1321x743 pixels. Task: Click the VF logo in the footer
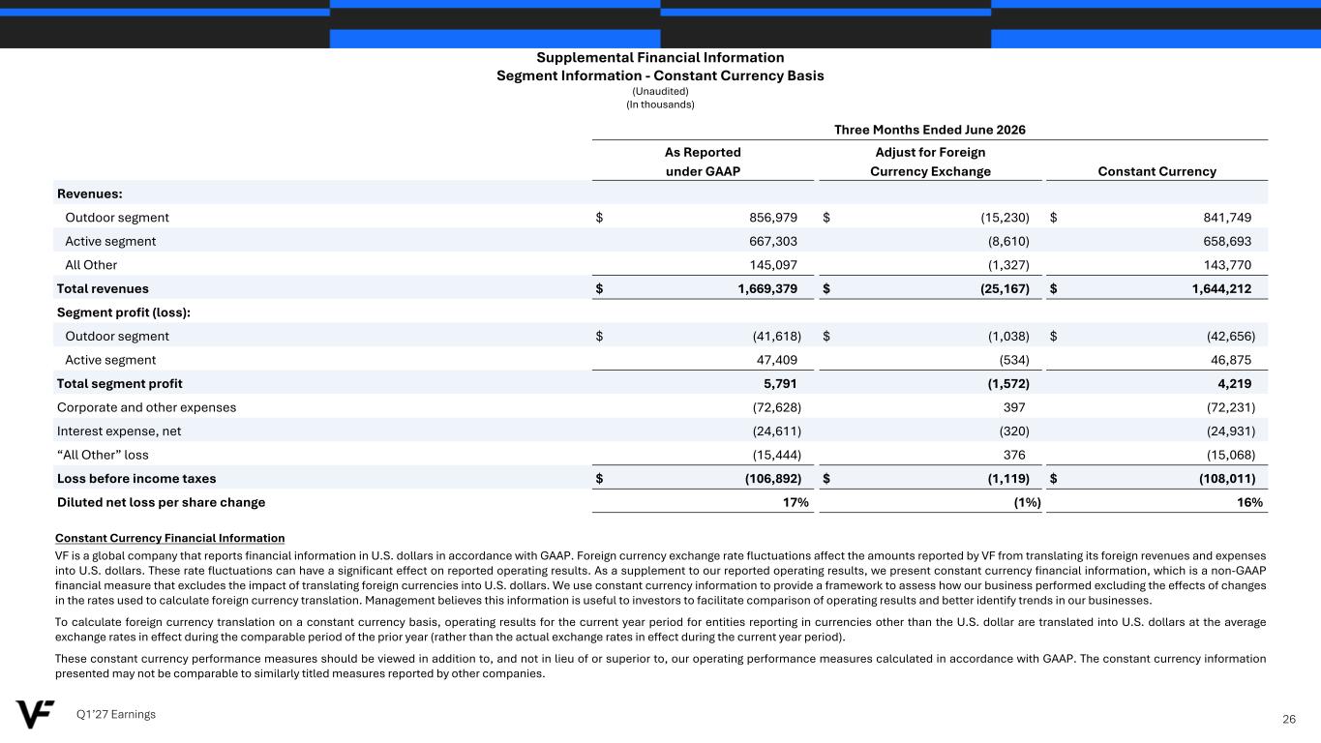(35, 714)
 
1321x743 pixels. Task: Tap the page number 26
(1288, 719)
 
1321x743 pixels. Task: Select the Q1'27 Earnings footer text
(115, 714)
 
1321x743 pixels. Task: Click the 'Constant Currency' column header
(1156, 171)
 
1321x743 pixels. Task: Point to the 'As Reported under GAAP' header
(703, 162)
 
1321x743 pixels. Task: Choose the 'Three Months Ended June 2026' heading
(929, 130)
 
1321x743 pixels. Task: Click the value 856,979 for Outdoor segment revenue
(772, 218)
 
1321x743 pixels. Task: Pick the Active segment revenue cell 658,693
(1227, 241)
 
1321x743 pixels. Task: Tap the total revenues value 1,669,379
(767, 288)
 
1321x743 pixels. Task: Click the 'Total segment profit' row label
(119, 383)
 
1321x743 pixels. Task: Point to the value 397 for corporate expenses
(1014, 407)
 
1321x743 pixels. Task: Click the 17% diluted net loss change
(795, 502)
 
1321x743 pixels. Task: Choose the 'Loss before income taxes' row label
(136, 478)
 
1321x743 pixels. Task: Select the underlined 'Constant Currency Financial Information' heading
(170, 538)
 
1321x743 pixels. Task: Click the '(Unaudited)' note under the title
(660, 91)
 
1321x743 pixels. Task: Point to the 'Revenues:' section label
(90, 193)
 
